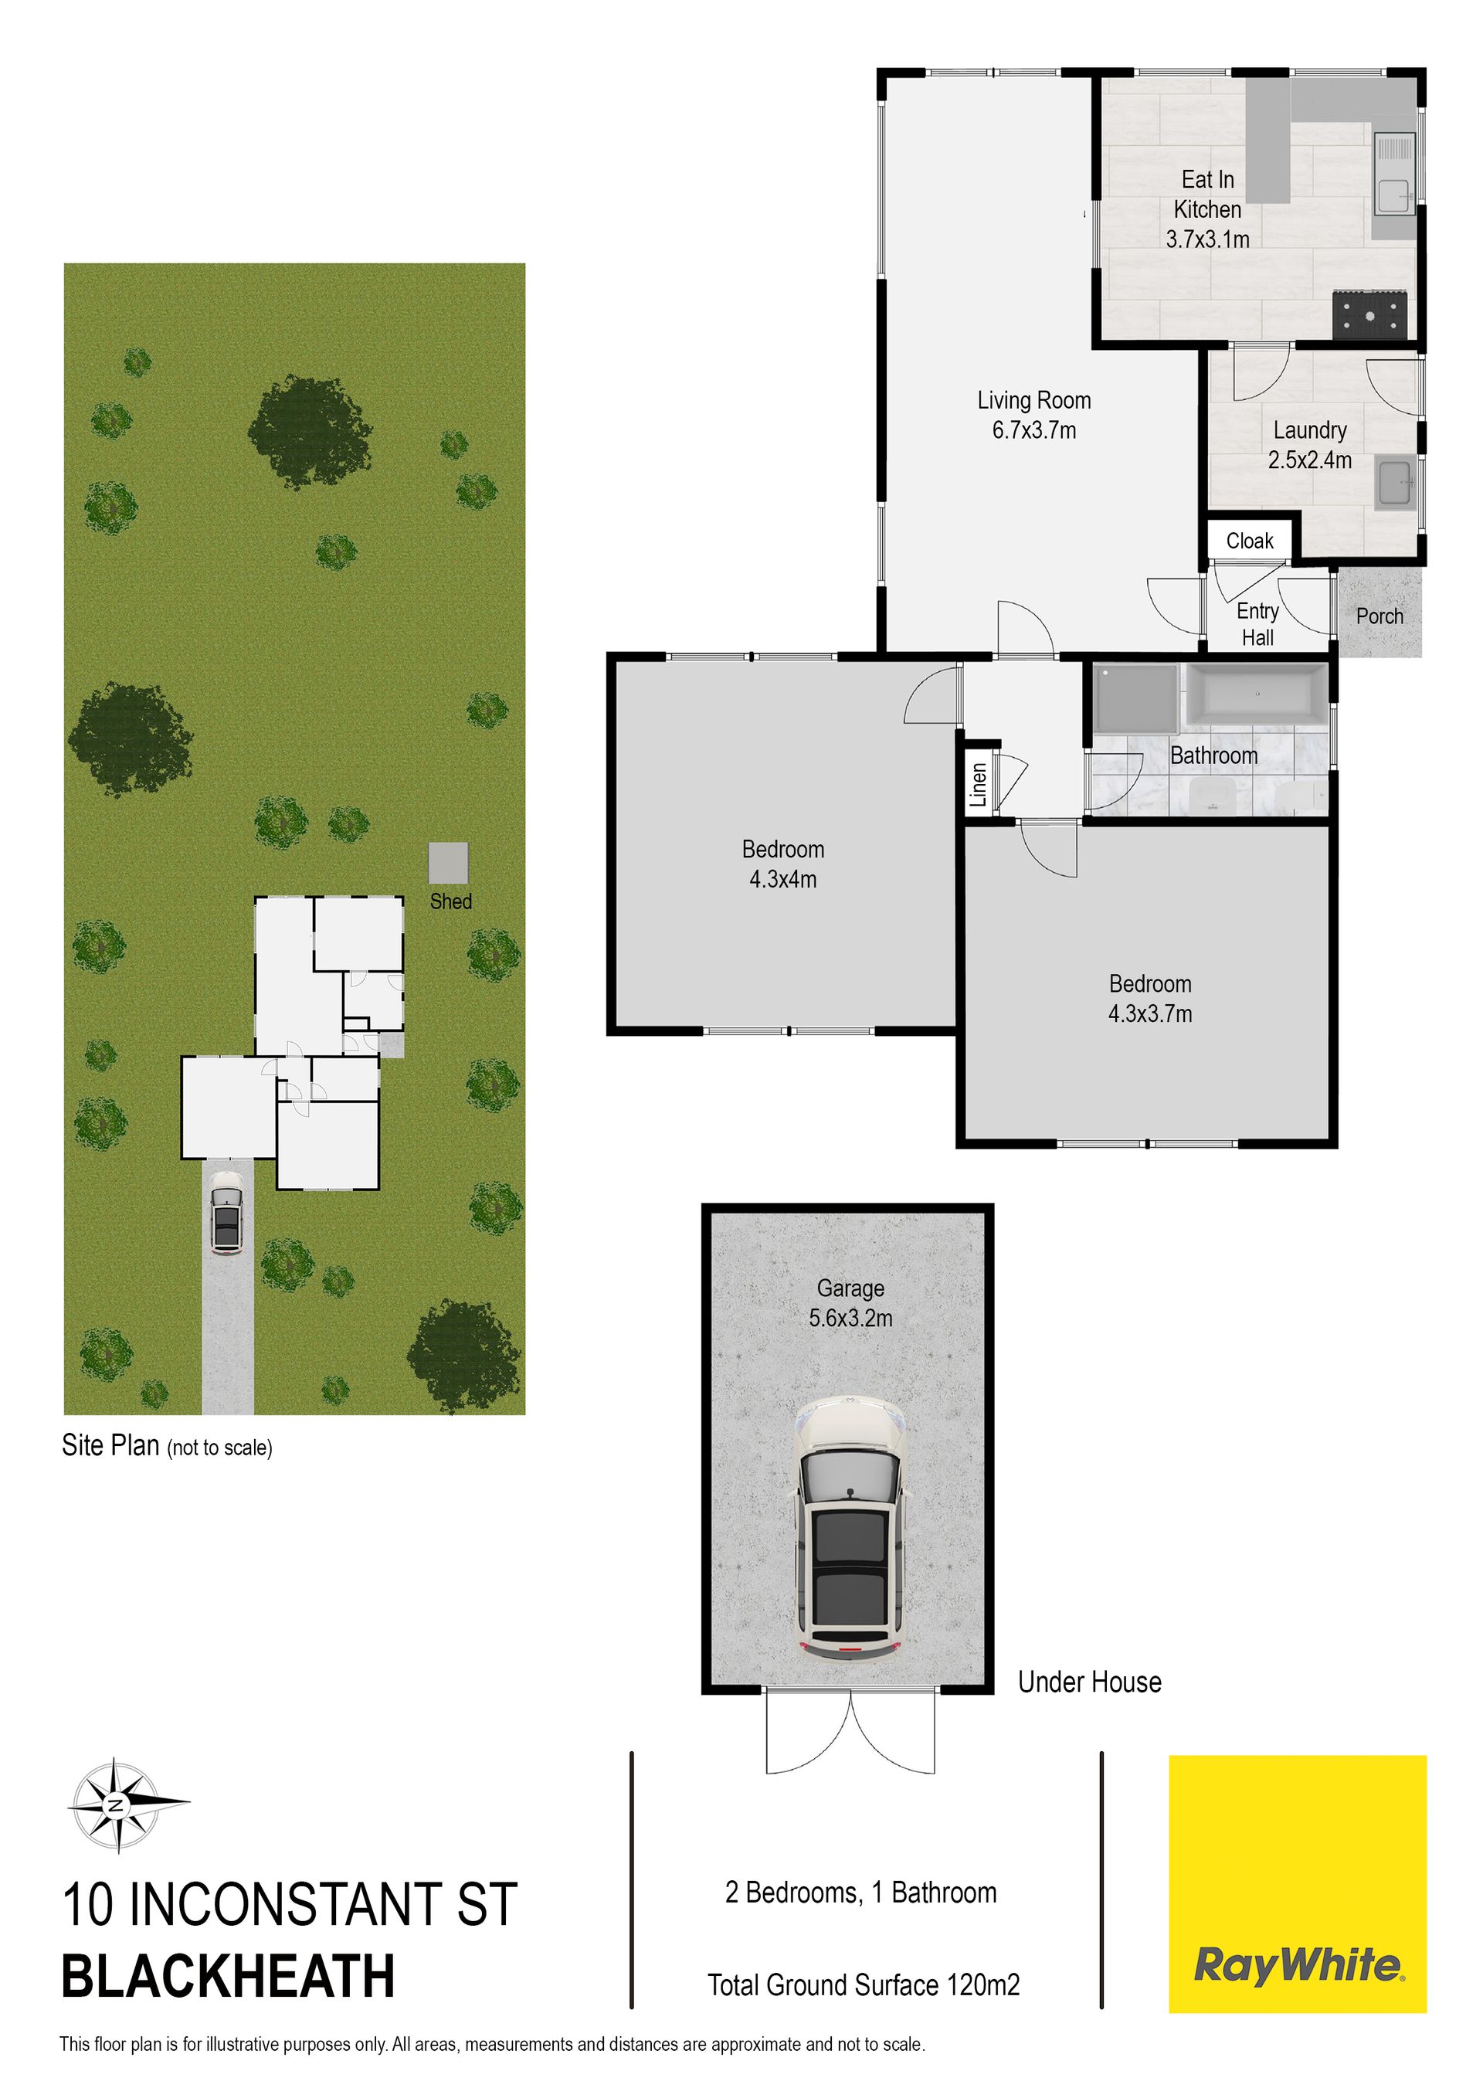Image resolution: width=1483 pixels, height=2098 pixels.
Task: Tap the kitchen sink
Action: (1394, 174)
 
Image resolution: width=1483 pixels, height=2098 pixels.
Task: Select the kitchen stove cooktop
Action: (1369, 315)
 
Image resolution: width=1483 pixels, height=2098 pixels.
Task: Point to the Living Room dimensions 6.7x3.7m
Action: (1034, 430)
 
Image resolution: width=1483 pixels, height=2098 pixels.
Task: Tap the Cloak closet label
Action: (1249, 541)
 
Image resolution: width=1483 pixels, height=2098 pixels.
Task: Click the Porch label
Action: (1379, 616)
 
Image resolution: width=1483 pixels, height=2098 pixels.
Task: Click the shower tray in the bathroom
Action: (1135, 699)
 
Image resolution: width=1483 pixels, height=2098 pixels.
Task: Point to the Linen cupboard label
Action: (979, 785)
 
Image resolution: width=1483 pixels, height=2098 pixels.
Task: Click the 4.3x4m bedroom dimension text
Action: (783, 879)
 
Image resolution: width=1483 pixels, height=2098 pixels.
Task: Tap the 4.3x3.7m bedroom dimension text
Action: (1149, 1013)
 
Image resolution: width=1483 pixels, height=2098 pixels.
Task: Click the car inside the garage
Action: (850, 1528)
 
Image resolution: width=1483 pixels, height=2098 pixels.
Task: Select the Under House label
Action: (1089, 1682)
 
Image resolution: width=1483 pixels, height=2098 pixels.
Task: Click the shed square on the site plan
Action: (449, 864)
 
